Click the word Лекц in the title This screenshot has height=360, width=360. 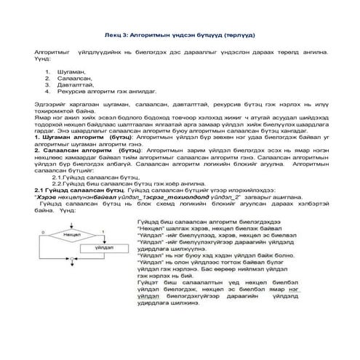point(111,35)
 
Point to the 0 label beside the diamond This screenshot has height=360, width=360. point(44,232)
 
